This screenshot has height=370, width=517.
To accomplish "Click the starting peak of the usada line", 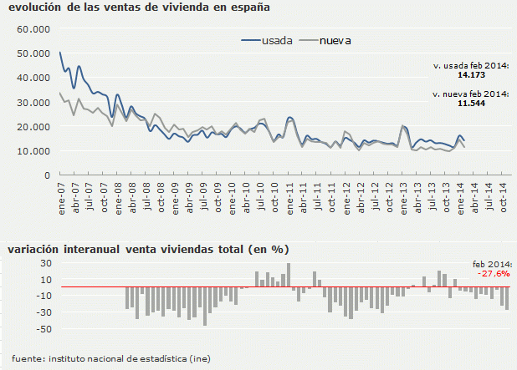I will tap(60, 53).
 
